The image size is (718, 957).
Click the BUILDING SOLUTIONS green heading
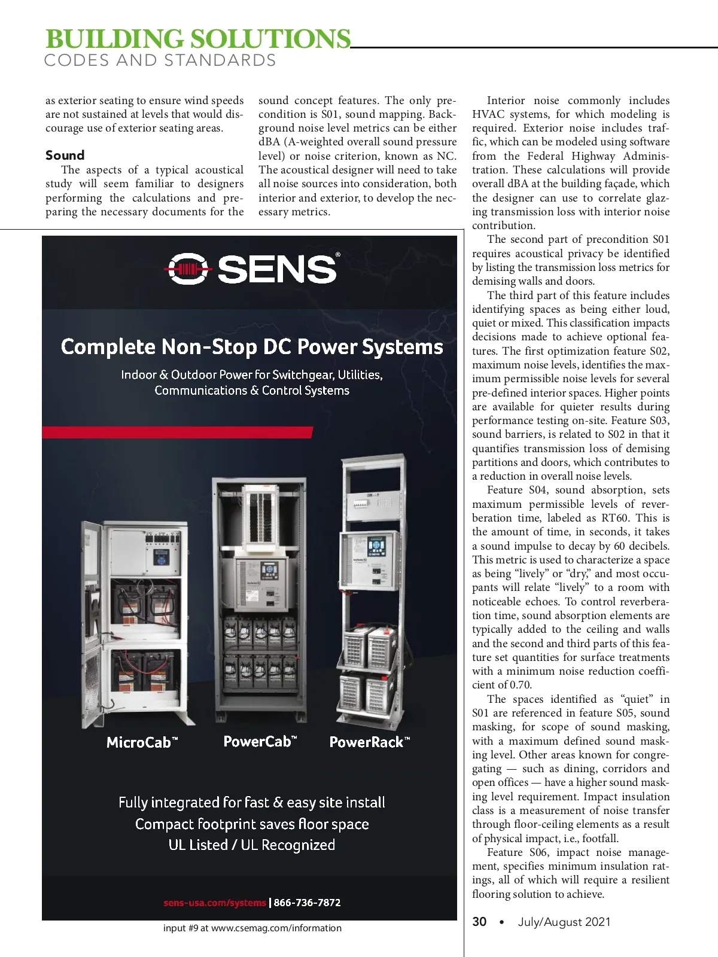(x=198, y=39)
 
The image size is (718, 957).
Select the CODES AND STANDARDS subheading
(x=160, y=60)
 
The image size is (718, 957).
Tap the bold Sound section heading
(x=65, y=156)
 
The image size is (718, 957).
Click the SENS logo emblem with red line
(x=188, y=269)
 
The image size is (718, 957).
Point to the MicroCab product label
(x=142, y=743)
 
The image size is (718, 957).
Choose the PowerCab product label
(x=260, y=742)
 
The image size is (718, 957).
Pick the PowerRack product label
(x=369, y=742)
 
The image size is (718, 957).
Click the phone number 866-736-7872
(x=307, y=903)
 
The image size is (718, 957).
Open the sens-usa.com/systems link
(x=214, y=903)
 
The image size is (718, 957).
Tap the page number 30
(x=479, y=922)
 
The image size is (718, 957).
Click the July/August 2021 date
(x=564, y=922)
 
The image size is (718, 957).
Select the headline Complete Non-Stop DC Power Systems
(x=252, y=347)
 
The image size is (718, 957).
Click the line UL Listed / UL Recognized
(x=252, y=845)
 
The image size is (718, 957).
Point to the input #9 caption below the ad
(x=252, y=928)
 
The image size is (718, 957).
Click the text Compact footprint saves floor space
(x=252, y=824)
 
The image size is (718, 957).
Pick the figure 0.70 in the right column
(x=520, y=685)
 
